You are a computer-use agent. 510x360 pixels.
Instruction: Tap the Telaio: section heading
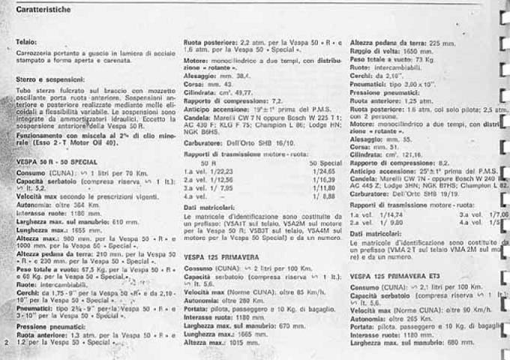tap(27, 41)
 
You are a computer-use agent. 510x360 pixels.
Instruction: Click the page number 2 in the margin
tap(6, 342)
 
